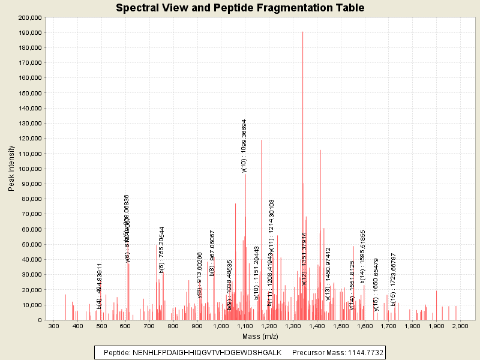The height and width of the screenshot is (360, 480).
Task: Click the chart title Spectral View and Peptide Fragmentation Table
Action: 240,8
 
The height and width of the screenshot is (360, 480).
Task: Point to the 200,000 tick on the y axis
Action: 29,17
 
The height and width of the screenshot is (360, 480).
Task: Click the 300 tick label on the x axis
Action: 53,325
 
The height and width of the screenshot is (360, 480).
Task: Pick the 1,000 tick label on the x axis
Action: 221,325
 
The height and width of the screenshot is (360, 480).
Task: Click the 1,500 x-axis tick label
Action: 341,325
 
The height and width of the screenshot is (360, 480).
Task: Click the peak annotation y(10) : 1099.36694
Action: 244,146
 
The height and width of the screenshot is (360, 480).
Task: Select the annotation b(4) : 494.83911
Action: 100,286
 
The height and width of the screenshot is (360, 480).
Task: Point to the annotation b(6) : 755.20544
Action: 162,250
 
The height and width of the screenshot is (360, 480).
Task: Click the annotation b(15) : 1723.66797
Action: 394,280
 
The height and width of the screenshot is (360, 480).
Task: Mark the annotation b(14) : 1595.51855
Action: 363,256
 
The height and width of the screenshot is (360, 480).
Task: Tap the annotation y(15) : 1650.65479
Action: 377,285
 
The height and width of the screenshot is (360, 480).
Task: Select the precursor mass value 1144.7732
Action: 362,352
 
